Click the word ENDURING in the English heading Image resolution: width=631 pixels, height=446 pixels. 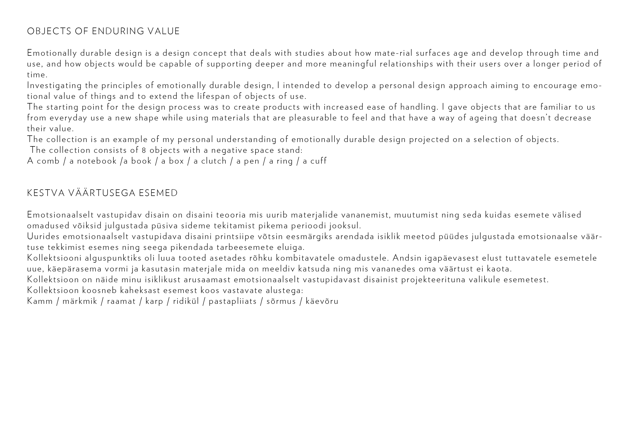(118, 31)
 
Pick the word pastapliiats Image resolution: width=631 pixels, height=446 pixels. (233, 301)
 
